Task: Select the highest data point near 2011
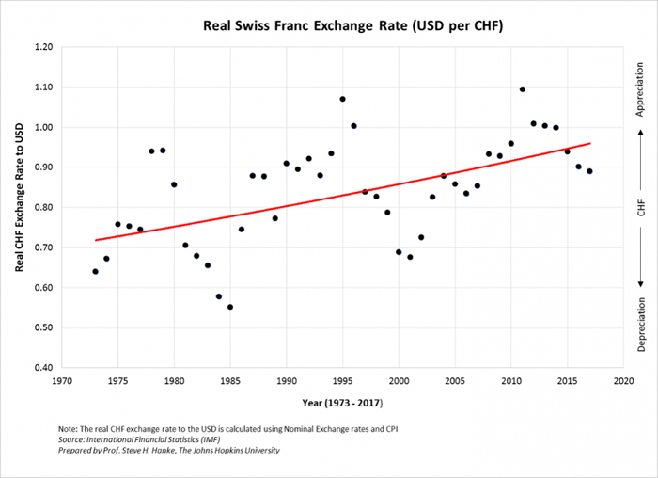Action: tap(522, 89)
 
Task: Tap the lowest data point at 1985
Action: tap(230, 307)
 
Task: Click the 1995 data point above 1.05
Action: tap(342, 99)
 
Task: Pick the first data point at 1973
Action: tap(95, 272)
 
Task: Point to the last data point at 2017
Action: tap(589, 171)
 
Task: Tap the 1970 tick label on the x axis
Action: tap(61, 382)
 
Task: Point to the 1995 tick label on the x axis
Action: tap(342, 382)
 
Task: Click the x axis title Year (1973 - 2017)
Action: tap(342, 403)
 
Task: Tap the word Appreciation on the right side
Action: tap(640, 90)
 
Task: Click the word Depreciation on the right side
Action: tap(640, 324)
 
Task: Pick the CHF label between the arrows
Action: tap(640, 209)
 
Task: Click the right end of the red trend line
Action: tap(589, 143)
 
